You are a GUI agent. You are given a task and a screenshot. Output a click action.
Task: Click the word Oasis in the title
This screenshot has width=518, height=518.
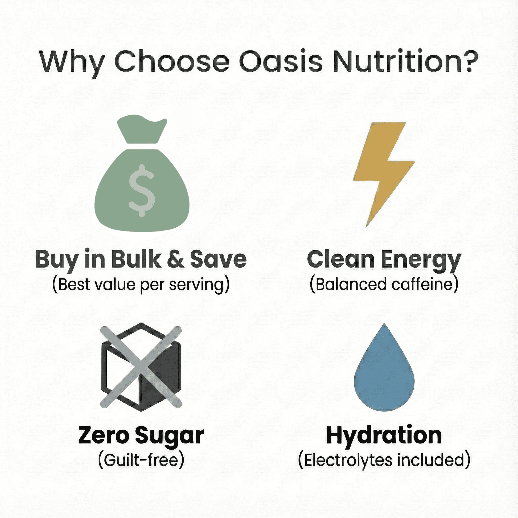coord(280,61)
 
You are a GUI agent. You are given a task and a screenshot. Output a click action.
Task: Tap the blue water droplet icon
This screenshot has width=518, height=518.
coord(384,371)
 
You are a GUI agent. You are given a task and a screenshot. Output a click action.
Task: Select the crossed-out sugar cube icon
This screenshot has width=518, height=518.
coord(141,367)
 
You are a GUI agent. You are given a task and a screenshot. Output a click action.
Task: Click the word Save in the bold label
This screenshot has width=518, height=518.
coord(218,259)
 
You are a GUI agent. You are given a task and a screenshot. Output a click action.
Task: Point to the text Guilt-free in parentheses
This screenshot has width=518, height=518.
coord(141,459)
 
